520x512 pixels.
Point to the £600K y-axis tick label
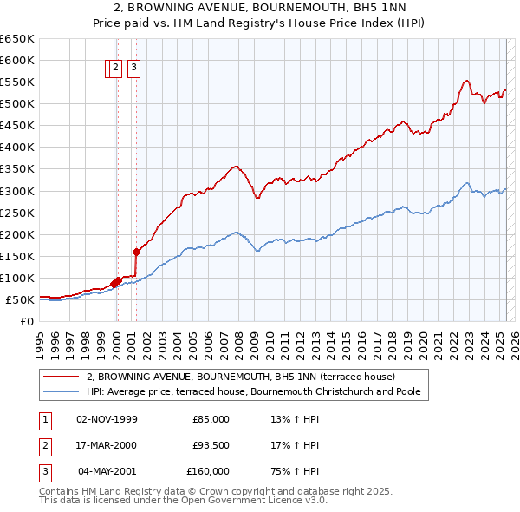click(18, 60)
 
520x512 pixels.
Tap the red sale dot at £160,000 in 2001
click(136, 252)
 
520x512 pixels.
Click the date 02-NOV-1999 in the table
click(107, 419)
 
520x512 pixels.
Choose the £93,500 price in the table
click(211, 445)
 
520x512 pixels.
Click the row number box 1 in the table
click(44, 419)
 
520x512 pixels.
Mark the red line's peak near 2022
click(466, 81)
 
